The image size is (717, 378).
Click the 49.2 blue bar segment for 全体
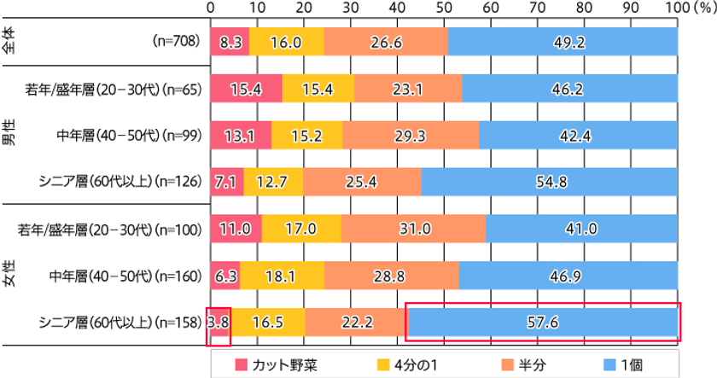[562, 41]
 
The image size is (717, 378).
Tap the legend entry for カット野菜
[271, 364]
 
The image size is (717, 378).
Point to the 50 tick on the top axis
[444, 7]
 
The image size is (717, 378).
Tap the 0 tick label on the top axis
[211, 7]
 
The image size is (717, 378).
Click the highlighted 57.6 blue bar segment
[543, 323]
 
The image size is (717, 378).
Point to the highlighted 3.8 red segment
[219, 323]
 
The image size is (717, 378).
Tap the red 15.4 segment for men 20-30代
[246, 88]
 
